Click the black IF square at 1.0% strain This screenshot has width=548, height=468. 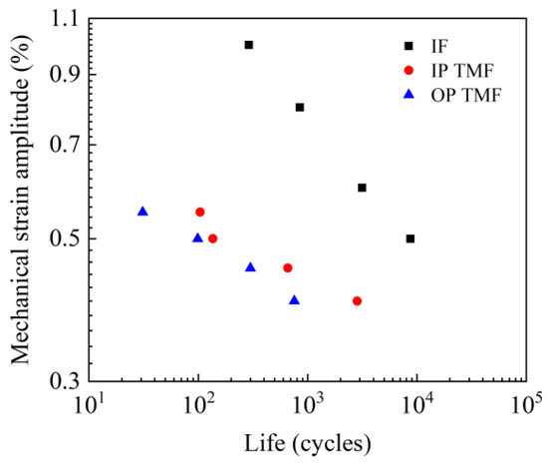pos(249,45)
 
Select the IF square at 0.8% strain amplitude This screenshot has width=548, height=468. pos(300,107)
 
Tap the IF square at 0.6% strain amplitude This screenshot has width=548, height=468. pos(362,188)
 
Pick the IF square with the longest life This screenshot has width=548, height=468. pos(411,238)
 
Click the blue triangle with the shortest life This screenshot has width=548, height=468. pos(142,212)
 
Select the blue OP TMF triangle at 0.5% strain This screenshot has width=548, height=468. pos(197,237)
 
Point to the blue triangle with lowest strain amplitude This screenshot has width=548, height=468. pos(294,300)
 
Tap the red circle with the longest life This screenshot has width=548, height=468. pos(357,300)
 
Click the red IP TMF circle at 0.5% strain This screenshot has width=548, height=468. pos(213,238)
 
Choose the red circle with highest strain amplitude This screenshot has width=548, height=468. pos(200,212)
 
